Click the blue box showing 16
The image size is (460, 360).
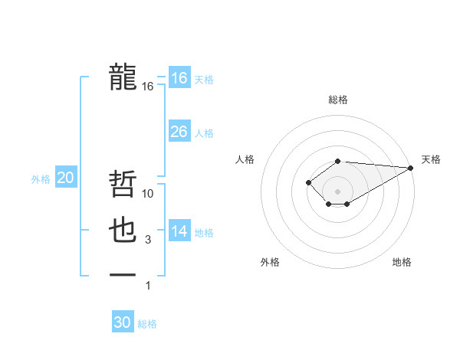[x=179, y=78]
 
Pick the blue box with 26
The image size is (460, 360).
[x=179, y=132]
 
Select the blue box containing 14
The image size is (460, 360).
[x=179, y=231]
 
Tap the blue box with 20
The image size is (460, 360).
[x=65, y=178]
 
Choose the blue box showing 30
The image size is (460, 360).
[x=123, y=322]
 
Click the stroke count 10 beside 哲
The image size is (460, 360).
[x=149, y=195]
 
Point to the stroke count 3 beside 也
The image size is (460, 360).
[x=148, y=240]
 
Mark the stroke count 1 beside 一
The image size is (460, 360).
[x=148, y=286]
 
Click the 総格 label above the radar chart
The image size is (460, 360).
[x=337, y=100]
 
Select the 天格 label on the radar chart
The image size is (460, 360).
[x=431, y=159]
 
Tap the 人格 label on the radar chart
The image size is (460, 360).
[x=245, y=159]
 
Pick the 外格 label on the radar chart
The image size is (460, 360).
[x=270, y=263]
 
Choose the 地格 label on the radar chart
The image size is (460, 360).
[x=402, y=263]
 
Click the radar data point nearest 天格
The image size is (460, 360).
[x=412, y=168]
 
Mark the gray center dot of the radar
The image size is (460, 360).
[x=337, y=191]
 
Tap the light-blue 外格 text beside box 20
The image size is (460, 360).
[x=41, y=179]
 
